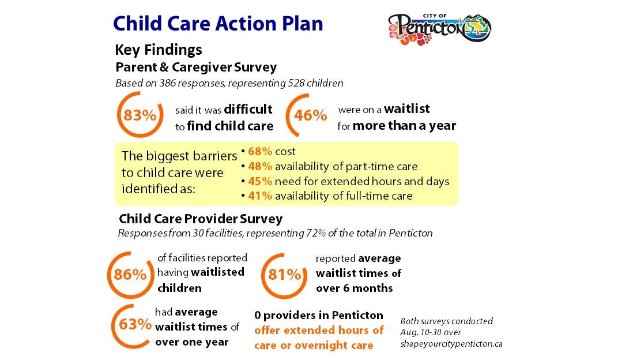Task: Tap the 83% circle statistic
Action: pyautogui.click(x=140, y=115)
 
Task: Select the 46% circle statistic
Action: pyautogui.click(x=310, y=115)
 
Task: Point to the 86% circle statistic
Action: pyautogui.click(x=130, y=274)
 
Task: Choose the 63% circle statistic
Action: pyautogui.click(x=134, y=324)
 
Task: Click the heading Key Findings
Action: pyautogui.click(x=159, y=50)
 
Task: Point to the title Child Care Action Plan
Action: pyautogui.click(x=218, y=23)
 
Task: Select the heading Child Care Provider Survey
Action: pyautogui.click(x=201, y=219)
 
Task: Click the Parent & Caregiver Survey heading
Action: pyautogui.click(x=196, y=67)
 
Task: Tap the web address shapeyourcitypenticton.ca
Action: pyautogui.click(x=451, y=343)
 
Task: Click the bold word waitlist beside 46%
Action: pyautogui.click(x=406, y=108)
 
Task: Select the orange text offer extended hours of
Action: pyautogui.click(x=319, y=330)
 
